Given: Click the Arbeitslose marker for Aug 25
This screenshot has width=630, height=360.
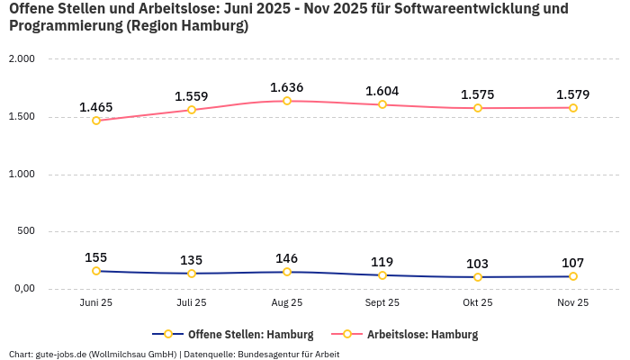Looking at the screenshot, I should coord(287,101).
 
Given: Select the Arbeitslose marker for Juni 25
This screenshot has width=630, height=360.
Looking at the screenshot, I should coord(96,121).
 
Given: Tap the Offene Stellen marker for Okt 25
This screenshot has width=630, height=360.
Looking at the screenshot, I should coord(478,277).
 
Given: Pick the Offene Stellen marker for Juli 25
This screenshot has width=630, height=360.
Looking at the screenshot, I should coord(192,274).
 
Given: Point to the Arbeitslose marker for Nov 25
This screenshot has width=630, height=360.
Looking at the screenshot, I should coord(573,108).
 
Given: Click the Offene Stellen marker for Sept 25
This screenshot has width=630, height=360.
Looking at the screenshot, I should coord(382,275).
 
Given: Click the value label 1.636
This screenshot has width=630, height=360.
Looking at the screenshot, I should coord(287,87).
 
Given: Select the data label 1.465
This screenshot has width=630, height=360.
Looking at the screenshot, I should coord(96,107).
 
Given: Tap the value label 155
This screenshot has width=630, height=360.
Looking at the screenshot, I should coord(96,257).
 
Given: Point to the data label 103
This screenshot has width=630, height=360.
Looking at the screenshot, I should coord(478,264).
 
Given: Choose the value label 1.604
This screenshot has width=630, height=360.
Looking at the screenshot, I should coord(382,91).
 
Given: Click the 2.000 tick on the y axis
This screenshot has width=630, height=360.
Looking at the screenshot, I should coord(21,58).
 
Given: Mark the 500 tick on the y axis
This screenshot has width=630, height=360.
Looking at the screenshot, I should coord(25,231).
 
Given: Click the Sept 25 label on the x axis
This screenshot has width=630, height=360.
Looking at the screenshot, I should coord(382,303).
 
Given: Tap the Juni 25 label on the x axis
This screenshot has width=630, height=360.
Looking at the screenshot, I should coord(96,303).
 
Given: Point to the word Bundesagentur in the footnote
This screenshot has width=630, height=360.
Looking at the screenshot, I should coord(270,355).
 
